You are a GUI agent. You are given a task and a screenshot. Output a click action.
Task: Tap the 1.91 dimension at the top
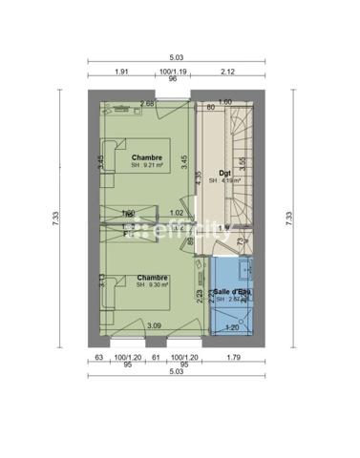pos(122,72)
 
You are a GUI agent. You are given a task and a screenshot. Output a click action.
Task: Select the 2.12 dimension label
pos(226,72)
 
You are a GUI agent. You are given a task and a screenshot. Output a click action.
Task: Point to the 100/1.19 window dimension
pos(173,72)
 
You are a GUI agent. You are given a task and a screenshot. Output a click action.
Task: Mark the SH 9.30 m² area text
pos(151,283)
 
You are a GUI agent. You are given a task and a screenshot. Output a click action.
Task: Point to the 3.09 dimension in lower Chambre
pos(153,326)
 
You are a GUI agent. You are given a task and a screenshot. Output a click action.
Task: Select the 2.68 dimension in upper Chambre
pos(147,103)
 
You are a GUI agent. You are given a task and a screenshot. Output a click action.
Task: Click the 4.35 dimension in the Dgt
pos(198,177)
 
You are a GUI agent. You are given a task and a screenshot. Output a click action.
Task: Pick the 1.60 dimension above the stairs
pos(225,102)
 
